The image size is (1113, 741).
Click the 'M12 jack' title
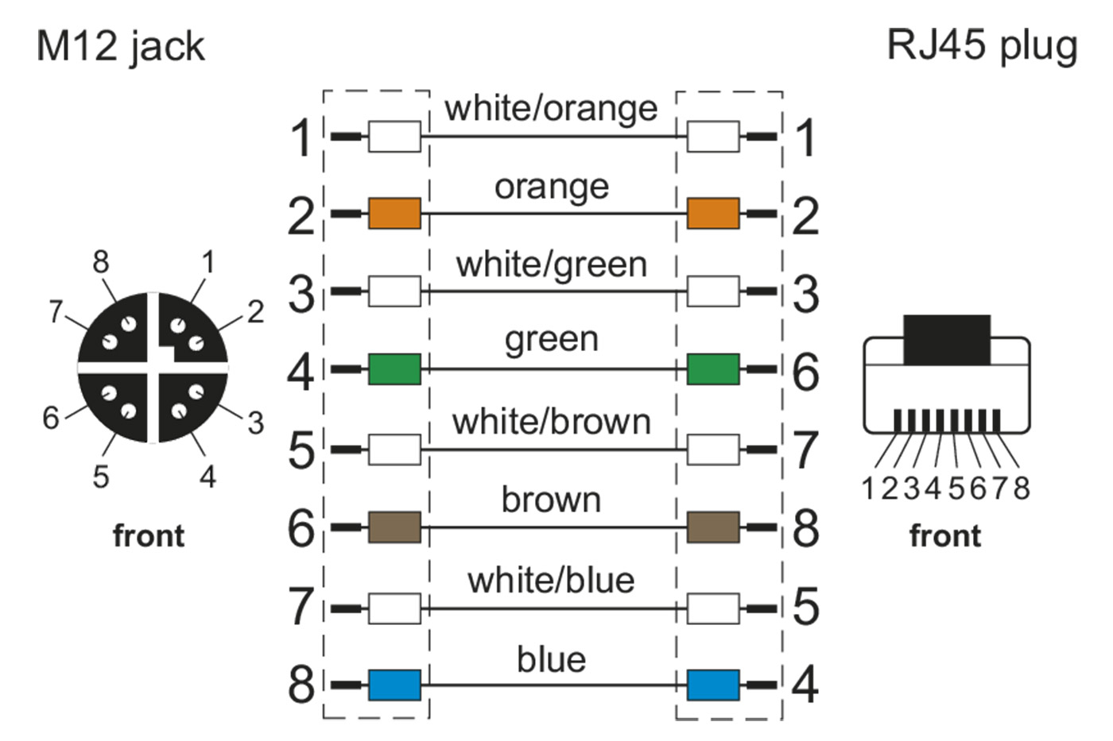tap(121, 46)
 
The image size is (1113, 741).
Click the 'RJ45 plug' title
tap(981, 46)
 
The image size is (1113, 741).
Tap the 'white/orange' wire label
tap(551, 108)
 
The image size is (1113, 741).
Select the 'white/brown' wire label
tap(551, 422)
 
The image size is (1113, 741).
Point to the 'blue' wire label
tap(551, 659)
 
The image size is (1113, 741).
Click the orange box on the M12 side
tap(394, 214)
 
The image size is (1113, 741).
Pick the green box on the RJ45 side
tap(712, 369)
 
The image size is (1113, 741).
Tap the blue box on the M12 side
tap(394, 685)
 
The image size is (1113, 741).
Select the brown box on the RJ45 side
tap(712, 527)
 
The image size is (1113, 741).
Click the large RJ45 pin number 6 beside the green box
tap(805, 371)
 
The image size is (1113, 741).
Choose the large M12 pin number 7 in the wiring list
tap(301, 607)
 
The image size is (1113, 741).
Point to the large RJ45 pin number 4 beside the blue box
tap(805, 685)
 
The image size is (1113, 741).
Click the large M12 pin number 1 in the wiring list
tap(301, 137)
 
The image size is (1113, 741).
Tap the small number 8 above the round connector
tap(100, 261)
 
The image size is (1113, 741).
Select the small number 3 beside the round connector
tap(255, 423)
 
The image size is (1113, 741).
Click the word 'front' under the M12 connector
tap(149, 536)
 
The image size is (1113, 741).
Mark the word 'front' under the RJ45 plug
tap(944, 536)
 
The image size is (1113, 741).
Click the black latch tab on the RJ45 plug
tap(947, 339)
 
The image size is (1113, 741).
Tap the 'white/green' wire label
tap(551, 264)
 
